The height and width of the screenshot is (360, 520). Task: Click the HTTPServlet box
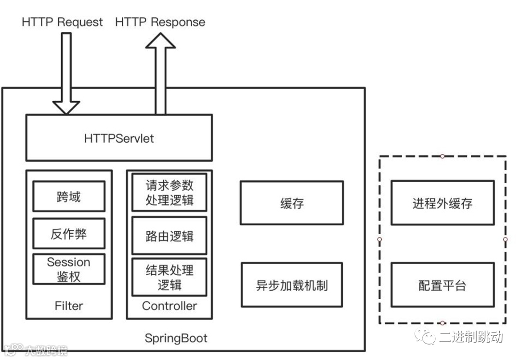118,138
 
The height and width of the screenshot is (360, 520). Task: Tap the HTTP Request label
62,22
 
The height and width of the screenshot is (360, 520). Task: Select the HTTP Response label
160,22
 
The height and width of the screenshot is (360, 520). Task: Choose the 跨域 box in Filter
68,196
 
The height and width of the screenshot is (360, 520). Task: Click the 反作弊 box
68,234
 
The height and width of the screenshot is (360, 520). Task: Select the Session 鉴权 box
68,269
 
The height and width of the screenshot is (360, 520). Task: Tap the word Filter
68,306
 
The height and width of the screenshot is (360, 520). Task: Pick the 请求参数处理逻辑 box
169,193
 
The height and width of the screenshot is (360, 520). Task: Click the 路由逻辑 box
169,236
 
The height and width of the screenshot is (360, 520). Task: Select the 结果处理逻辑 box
169,277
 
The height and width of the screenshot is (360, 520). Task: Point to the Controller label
169,306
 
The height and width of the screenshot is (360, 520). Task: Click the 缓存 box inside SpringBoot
292,203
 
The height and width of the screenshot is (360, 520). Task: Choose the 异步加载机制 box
292,285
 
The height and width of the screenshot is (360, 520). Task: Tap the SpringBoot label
176,338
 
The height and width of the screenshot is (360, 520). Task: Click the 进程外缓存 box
442,203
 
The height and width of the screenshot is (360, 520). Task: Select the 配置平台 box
442,285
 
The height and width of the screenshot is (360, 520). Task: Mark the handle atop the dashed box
442,156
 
